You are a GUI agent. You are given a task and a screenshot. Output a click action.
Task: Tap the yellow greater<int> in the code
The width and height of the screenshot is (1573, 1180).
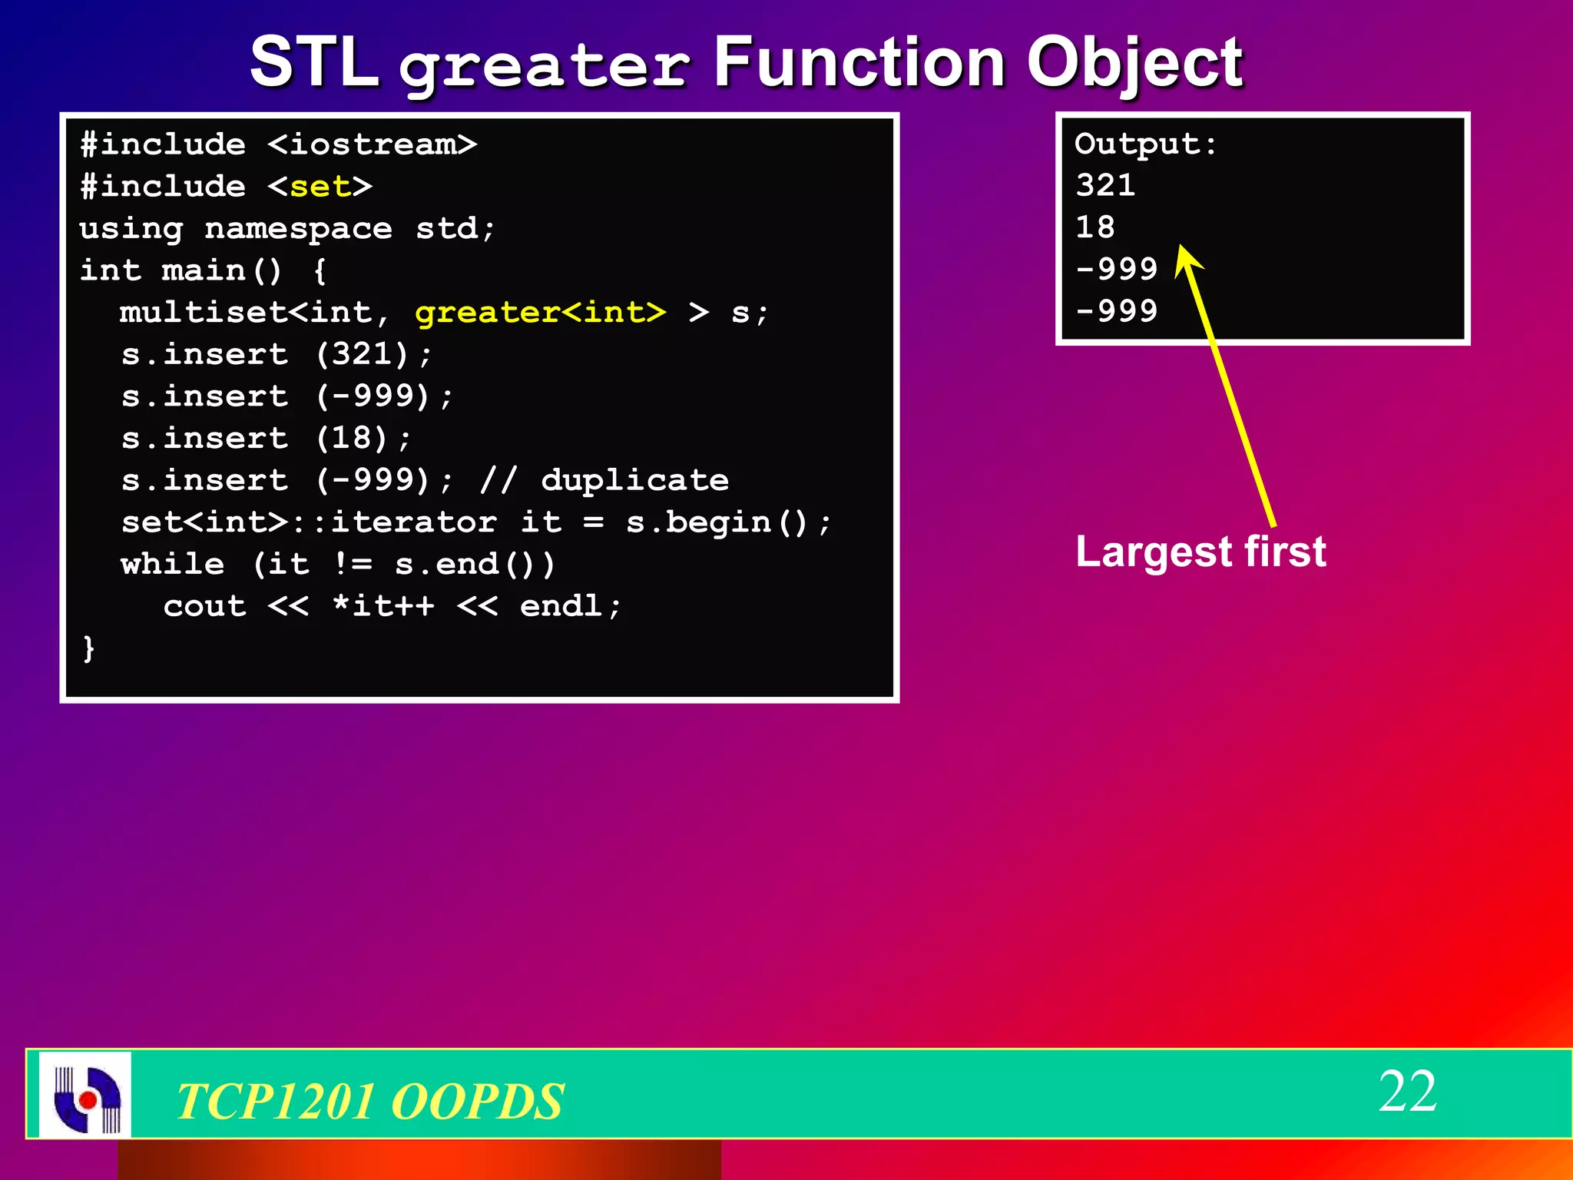pos(540,313)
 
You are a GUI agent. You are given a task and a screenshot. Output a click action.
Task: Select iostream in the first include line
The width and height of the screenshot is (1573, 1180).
pos(372,144)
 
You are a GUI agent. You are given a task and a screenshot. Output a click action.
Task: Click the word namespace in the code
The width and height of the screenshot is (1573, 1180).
pos(298,228)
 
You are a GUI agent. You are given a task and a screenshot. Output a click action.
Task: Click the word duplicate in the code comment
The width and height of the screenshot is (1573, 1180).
pos(634,480)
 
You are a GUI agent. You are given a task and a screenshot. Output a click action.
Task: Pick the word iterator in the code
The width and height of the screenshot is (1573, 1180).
pos(413,522)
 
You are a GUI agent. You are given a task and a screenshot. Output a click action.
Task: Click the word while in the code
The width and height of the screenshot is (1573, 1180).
pos(173,564)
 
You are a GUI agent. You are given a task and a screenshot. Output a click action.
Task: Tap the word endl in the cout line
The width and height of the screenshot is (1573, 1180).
pos(561,606)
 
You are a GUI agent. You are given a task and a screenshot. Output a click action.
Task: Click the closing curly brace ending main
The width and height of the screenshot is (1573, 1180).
pos(88,648)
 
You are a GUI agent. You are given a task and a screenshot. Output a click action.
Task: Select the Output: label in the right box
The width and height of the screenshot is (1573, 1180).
pos(1145,144)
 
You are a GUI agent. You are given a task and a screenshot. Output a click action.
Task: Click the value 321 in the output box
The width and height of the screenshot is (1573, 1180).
pos(1105,186)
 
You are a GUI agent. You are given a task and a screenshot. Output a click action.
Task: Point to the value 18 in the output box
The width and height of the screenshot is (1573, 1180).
pos(1094,227)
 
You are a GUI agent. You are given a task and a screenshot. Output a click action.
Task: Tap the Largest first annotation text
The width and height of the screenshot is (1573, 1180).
pos(1200,552)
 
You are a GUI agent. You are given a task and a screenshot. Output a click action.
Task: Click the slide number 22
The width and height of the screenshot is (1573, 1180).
pos(1407,1091)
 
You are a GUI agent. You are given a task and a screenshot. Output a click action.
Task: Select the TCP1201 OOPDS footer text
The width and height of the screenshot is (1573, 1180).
pos(369,1101)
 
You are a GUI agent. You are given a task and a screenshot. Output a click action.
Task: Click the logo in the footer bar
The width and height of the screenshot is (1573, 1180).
pos(85,1095)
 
